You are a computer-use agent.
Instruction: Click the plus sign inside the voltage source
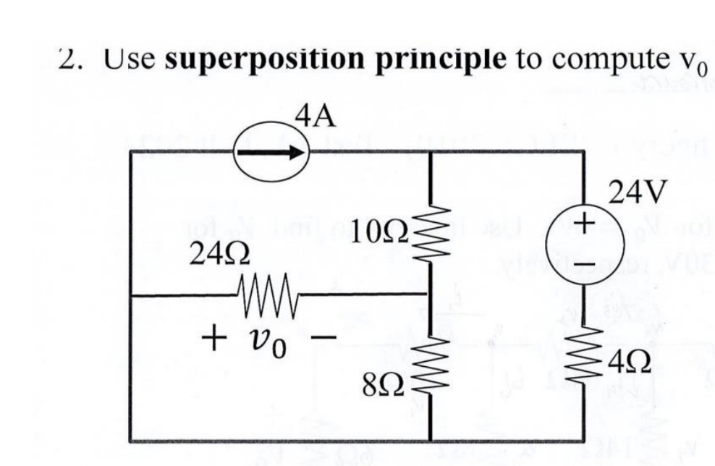coord(585,219)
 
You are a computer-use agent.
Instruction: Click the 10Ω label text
coord(381,232)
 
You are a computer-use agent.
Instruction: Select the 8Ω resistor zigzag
coord(431,364)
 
